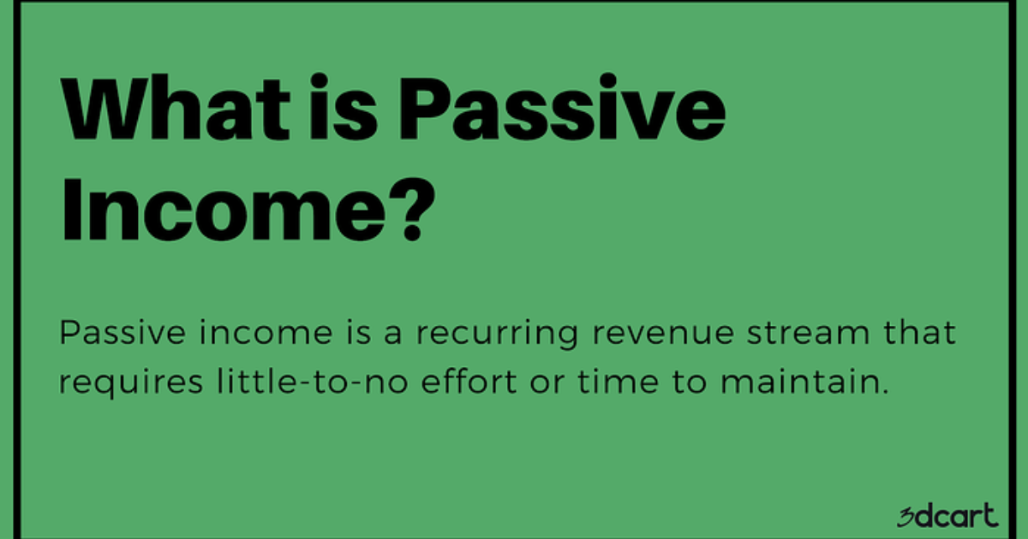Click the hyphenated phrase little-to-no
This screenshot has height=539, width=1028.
[304, 382]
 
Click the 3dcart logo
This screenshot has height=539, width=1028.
[947, 517]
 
